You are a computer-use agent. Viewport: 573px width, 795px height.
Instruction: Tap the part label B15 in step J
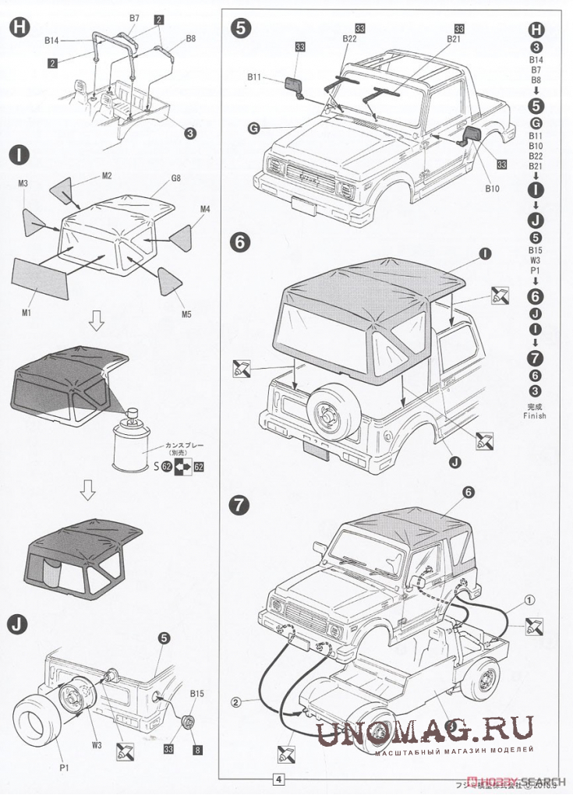click(x=197, y=693)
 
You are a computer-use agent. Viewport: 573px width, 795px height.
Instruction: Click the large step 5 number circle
click(x=242, y=29)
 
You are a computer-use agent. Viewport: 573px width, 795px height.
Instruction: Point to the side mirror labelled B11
click(x=295, y=84)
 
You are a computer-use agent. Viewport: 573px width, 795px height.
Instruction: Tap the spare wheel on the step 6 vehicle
click(x=328, y=410)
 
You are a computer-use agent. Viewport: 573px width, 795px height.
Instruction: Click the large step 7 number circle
click(x=242, y=504)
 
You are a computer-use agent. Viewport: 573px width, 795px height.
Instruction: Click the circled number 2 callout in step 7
click(x=234, y=701)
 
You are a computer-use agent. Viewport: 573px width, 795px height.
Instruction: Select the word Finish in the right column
click(x=535, y=415)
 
